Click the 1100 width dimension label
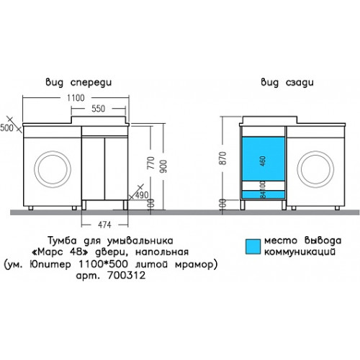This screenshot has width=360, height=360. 76,98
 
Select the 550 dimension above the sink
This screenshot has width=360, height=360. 99,109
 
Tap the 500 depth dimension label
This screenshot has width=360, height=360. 6,128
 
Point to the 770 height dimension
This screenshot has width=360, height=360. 151,163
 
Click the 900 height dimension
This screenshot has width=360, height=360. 163,166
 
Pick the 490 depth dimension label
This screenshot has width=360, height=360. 142,195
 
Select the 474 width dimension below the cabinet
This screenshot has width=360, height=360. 105,225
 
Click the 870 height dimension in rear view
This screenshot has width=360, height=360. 223,158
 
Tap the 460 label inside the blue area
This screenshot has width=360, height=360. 263,161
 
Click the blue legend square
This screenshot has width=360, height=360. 253,246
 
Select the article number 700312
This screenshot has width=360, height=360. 127,275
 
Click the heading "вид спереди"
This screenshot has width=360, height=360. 78,83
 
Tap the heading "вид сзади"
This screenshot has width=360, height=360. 287,83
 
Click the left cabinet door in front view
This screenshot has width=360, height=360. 93,168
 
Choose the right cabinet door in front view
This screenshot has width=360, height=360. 116,168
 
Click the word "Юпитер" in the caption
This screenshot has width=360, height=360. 50,264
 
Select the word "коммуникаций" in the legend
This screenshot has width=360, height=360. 300,252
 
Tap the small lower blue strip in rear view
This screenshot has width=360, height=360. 264,194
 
